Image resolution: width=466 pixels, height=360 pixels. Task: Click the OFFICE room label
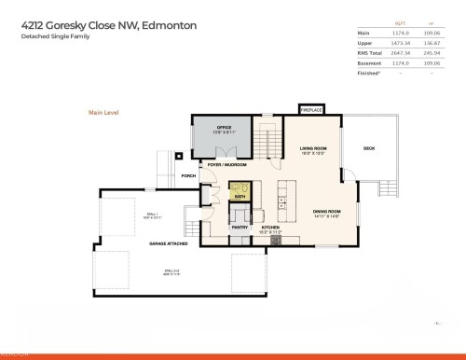tap(224, 128)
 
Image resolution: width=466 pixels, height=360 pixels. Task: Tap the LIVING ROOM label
tap(312, 148)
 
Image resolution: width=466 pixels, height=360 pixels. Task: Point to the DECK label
tap(369, 148)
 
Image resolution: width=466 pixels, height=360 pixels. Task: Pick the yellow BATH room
tap(240, 194)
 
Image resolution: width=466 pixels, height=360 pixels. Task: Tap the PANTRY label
tap(239, 226)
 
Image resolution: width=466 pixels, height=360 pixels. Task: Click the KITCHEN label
tap(270, 226)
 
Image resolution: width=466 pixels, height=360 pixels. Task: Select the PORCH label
tap(188, 175)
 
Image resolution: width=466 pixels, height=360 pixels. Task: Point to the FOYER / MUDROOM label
tap(226, 165)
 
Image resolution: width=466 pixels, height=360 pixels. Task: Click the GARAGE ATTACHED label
tap(169, 243)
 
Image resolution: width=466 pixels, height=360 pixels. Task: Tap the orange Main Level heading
tap(103, 112)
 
